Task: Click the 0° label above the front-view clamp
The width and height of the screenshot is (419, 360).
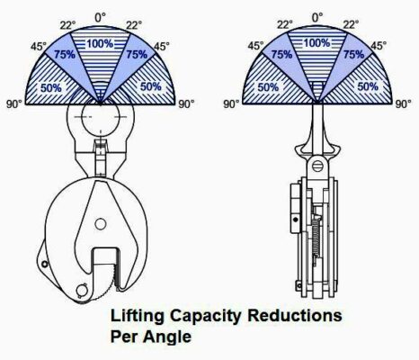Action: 101,18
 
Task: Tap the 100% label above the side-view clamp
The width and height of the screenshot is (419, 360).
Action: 317,43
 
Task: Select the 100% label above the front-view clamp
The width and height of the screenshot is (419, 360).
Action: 100,44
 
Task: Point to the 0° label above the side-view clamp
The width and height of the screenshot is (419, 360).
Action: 317,18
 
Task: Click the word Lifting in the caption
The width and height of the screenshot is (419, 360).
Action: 138,316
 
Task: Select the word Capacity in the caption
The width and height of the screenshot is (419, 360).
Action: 207,316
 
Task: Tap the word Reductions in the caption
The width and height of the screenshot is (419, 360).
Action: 295,316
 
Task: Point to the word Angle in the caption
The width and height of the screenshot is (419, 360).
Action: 167,337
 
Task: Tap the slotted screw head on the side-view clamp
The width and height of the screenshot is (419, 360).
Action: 317,166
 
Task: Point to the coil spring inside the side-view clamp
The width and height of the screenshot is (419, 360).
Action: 316,238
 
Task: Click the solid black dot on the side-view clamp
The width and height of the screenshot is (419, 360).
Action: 296,220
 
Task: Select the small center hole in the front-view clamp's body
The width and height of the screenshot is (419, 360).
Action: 100,224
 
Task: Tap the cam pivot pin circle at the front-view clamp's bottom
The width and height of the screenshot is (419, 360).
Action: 82,290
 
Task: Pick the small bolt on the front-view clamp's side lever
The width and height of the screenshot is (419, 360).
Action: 45,264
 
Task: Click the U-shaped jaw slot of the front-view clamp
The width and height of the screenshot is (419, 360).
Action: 106,264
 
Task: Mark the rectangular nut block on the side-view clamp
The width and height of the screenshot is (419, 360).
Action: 296,208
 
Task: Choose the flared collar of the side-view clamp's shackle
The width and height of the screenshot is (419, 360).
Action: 318,148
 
